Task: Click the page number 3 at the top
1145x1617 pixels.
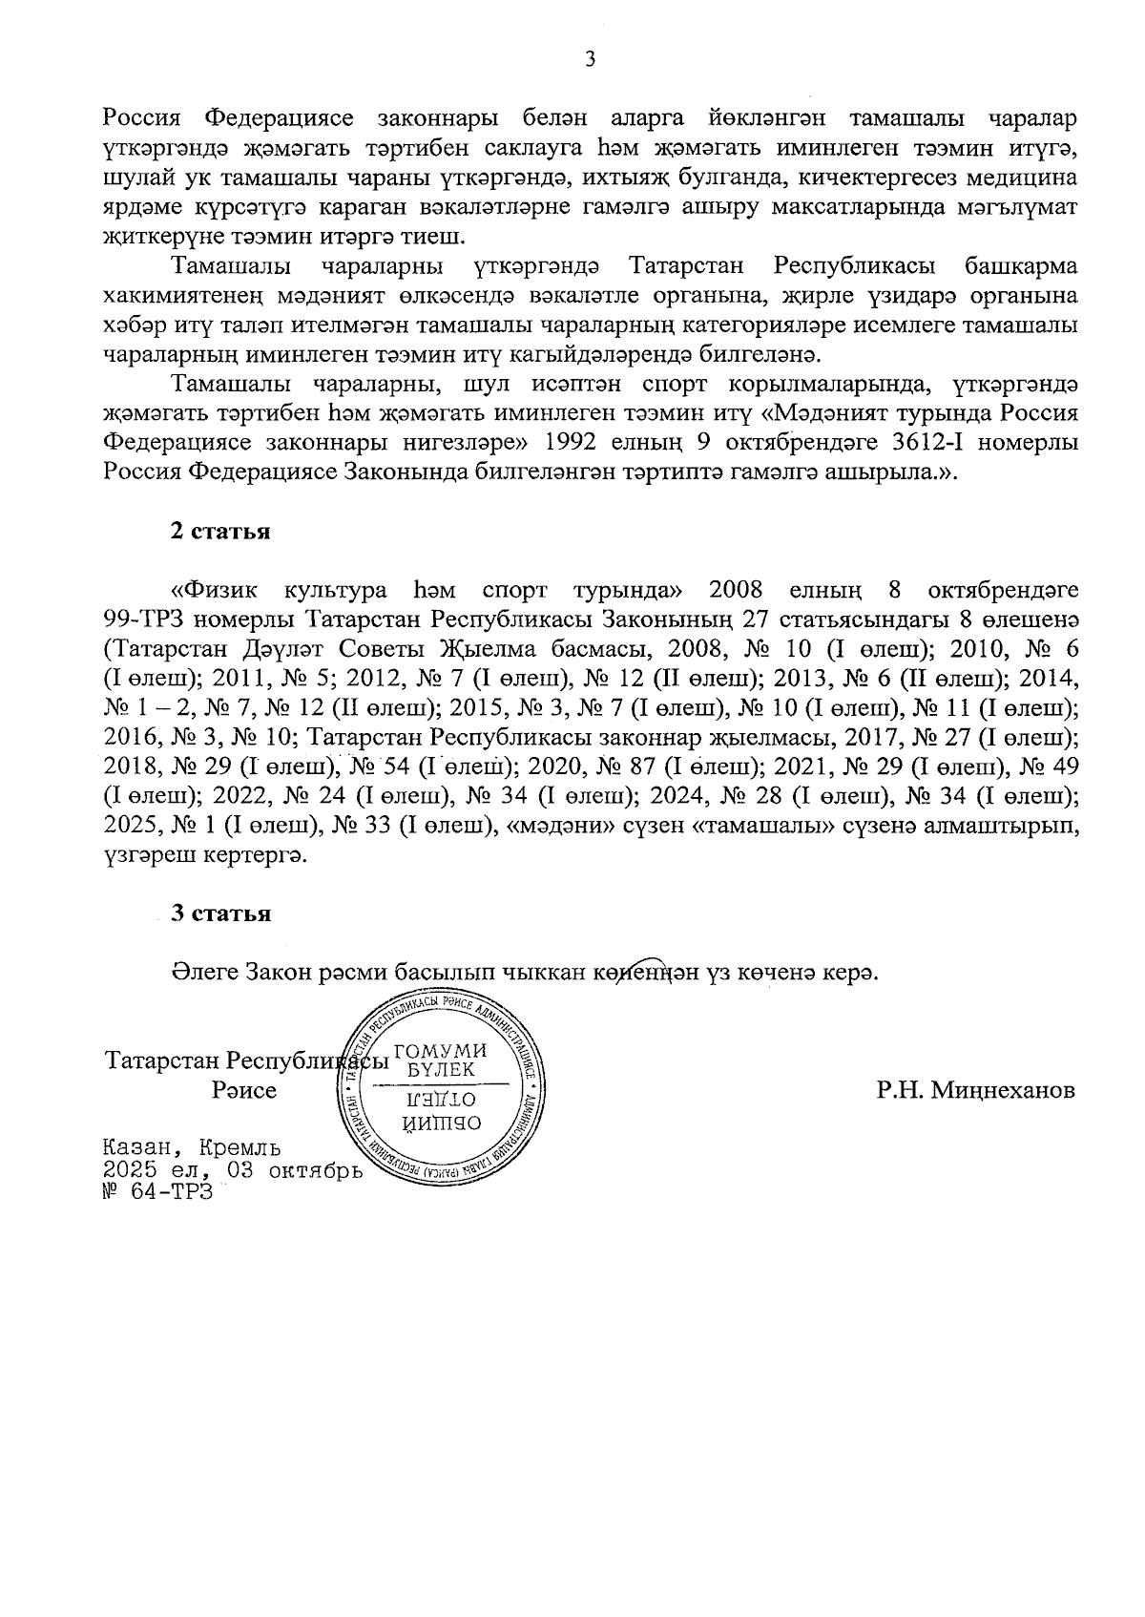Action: (x=590, y=59)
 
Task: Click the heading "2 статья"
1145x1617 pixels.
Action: (x=219, y=532)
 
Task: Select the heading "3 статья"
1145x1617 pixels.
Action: (x=220, y=913)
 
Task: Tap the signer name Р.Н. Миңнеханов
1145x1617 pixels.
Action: (x=976, y=1090)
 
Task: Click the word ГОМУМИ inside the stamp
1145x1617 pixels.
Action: (x=440, y=1051)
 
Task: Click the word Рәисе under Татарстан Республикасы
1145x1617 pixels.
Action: (x=244, y=1090)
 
